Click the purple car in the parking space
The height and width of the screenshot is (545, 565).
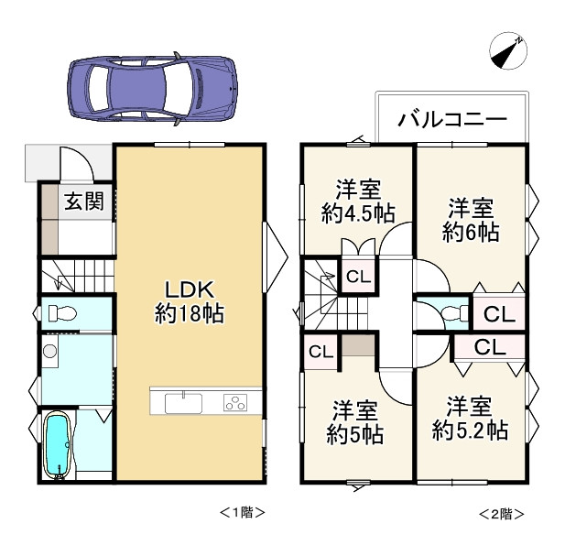152,89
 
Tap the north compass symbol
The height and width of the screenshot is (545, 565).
508,50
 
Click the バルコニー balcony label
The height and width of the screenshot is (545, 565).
452,119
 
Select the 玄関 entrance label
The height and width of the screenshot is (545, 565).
84,202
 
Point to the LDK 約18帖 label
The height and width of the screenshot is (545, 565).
190,301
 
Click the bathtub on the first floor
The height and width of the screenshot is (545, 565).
56,445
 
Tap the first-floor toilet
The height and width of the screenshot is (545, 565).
62,312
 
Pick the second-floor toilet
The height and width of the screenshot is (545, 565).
455,312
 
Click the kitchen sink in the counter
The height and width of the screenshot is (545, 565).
183,403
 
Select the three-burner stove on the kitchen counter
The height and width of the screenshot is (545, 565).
235,403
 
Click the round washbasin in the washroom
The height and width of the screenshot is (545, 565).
49,351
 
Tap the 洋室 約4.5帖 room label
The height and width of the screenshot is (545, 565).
358,201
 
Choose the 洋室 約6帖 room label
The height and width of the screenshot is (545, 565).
471,220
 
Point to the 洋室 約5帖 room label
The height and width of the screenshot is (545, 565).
355,422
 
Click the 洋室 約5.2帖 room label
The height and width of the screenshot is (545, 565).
470,419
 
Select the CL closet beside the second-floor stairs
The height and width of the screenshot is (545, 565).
359,277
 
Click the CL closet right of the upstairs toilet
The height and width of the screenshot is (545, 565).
499,314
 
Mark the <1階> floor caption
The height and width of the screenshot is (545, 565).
242,512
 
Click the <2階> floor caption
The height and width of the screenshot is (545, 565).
501,514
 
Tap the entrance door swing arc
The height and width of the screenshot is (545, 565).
82,158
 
